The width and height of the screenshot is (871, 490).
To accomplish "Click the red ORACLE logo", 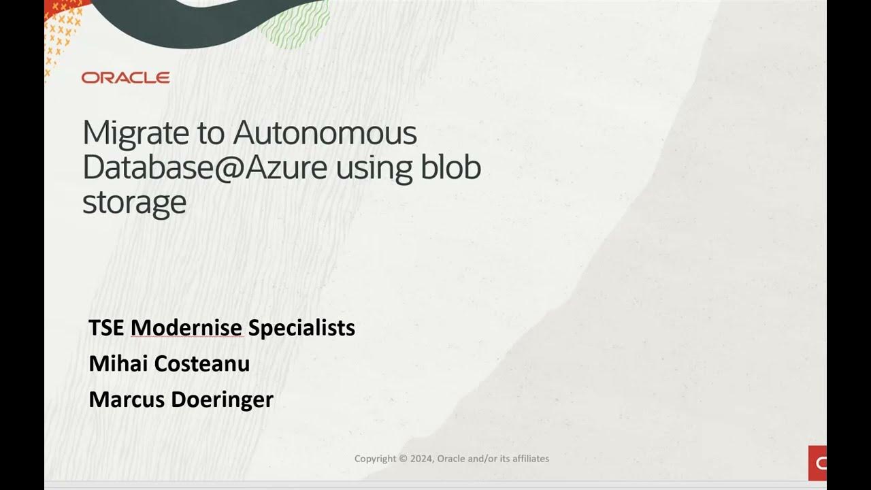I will pos(125,78).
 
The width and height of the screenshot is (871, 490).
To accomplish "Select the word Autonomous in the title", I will pos(325,133).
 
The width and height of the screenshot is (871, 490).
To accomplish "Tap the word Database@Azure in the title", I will pos(205,167).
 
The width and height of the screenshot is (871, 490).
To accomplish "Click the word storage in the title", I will pos(134,202).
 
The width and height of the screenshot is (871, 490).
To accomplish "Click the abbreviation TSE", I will pos(106,327).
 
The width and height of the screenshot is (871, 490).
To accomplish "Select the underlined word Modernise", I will pos(186,327).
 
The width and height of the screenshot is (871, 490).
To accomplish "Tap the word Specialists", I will pos(301,327).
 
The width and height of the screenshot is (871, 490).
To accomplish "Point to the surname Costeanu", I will pos(202,363).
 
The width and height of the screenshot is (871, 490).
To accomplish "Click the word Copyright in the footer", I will pos(375,459).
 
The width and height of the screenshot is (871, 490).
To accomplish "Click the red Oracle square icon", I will pos(817,463).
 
